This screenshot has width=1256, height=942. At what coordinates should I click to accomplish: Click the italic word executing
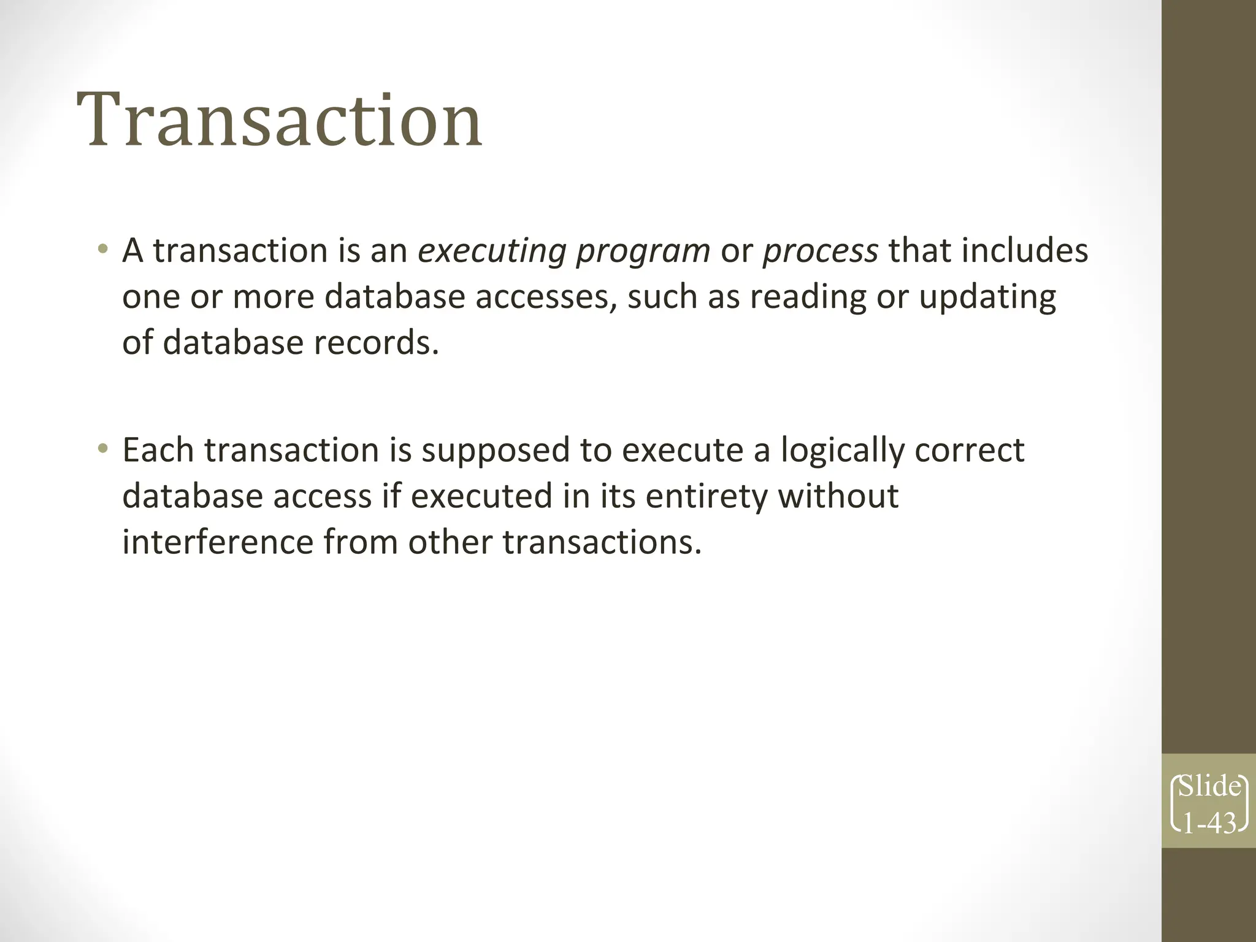point(491,251)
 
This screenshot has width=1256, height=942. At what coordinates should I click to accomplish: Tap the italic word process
point(820,251)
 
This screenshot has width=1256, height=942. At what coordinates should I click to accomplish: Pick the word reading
point(808,297)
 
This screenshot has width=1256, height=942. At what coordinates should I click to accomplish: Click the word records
point(376,342)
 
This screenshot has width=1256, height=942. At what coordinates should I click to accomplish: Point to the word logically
point(842,451)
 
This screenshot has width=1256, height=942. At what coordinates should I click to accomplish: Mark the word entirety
point(706,497)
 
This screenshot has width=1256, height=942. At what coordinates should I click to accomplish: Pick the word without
point(838,496)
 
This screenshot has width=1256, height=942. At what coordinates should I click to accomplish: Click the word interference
point(217,542)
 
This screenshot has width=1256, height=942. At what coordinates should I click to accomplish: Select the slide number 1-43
point(1209,824)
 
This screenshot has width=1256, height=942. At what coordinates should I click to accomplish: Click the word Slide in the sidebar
point(1209,786)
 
